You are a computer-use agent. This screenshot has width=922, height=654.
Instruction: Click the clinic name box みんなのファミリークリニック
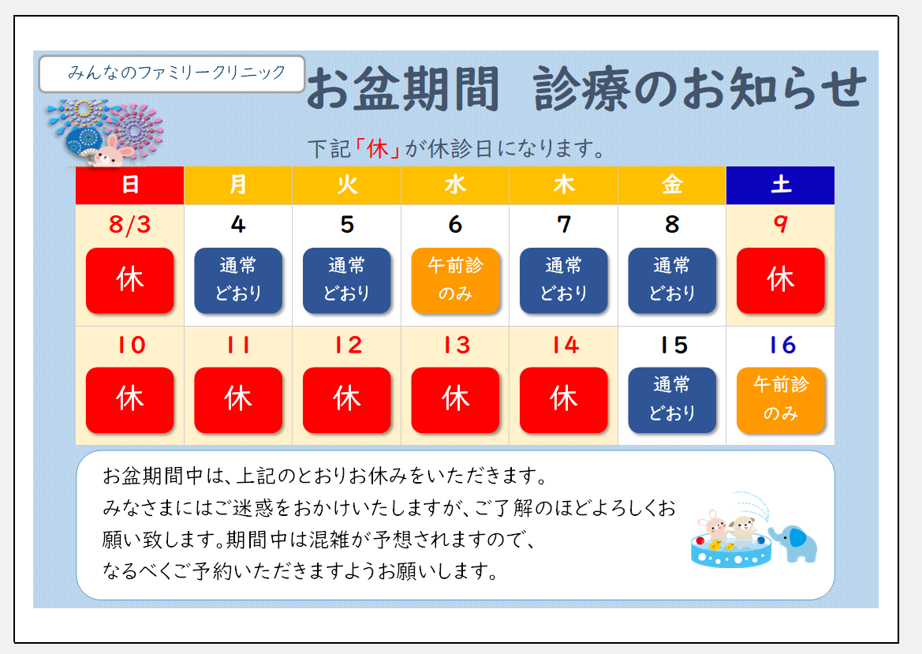click(x=172, y=73)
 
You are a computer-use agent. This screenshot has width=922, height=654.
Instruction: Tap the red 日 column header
click(x=130, y=185)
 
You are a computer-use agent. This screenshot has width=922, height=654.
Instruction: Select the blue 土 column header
click(x=780, y=185)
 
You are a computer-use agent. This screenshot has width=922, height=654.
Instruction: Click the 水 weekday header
click(x=455, y=185)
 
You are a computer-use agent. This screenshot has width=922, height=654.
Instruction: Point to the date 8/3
click(x=130, y=225)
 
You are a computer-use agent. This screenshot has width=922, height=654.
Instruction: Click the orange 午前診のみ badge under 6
click(x=455, y=281)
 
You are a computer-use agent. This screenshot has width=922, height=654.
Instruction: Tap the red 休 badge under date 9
click(x=780, y=281)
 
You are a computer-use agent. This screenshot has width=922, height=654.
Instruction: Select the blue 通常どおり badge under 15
click(x=672, y=400)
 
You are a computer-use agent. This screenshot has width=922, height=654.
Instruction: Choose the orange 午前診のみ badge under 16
click(x=780, y=400)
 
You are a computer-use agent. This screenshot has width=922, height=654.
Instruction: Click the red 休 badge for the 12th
click(x=347, y=400)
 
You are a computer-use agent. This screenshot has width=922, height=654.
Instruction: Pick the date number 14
click(x=566, y=345)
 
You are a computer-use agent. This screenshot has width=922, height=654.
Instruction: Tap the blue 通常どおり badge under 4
click(x=238, y=281)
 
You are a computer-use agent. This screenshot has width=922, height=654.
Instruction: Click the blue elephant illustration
click(x=793, y=544)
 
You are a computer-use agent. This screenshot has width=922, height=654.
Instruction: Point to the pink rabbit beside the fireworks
click(x=113, y=151)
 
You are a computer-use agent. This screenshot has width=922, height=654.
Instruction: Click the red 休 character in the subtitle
click(x=378, y=149)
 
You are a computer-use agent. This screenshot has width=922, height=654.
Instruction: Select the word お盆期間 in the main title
click(x=403, y=89)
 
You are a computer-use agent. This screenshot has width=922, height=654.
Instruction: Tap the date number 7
click(x=564, y=225)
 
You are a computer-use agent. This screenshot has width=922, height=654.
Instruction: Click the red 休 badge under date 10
click(x=130, y=400)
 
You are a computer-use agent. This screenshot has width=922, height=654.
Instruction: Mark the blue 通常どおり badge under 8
click(x=672, y=281)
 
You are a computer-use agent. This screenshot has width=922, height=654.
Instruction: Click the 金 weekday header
click(x=672, y=185)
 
